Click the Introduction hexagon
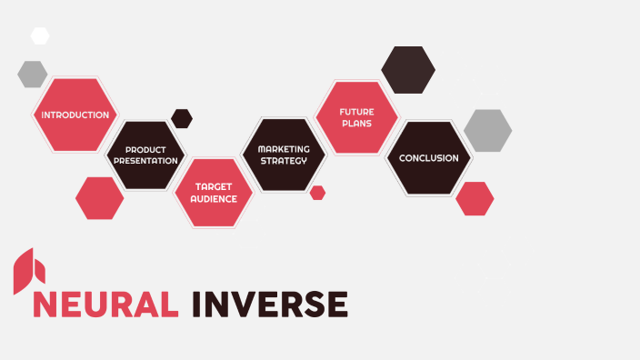tap(75, 115)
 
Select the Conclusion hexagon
tap(428, 158)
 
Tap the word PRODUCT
tap(145, 149)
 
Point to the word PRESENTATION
tap(145, 160)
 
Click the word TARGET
tap(214, 186)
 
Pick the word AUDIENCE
tap(214, 198)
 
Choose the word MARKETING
tap(284, 148)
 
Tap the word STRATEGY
tap(284, 160)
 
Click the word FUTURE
tap(357, 111)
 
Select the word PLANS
tap(357, 123)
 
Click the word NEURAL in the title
tap(105, 304)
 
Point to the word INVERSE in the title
tap(270, 304)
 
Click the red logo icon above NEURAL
tap(28, 270)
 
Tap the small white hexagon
tap(40, 35)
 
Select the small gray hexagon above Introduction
tap(33, 74)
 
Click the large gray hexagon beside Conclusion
tap(487, 130)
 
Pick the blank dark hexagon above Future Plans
tap(407, 70)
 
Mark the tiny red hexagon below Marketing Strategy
tap(317, 193)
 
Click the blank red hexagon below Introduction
tap(99, 198)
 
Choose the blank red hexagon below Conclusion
tap(475, 198)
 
